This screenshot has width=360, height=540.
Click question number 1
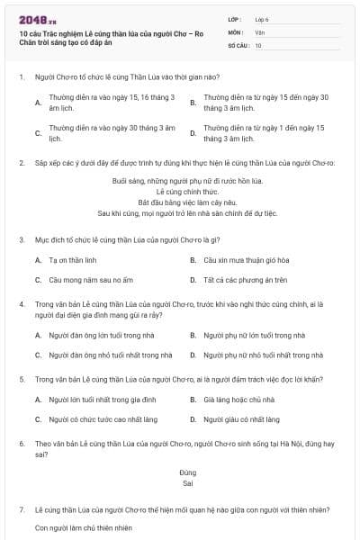coord(21,78)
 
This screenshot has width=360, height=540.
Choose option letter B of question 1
coord(193,102)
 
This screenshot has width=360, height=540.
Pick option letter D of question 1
coord(193,134)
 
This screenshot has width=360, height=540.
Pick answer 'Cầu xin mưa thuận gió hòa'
coord(250,260)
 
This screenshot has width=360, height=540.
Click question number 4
coord(21,304)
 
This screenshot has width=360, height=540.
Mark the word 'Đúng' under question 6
coord(187,472)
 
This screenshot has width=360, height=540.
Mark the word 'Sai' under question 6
coord(187,483)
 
